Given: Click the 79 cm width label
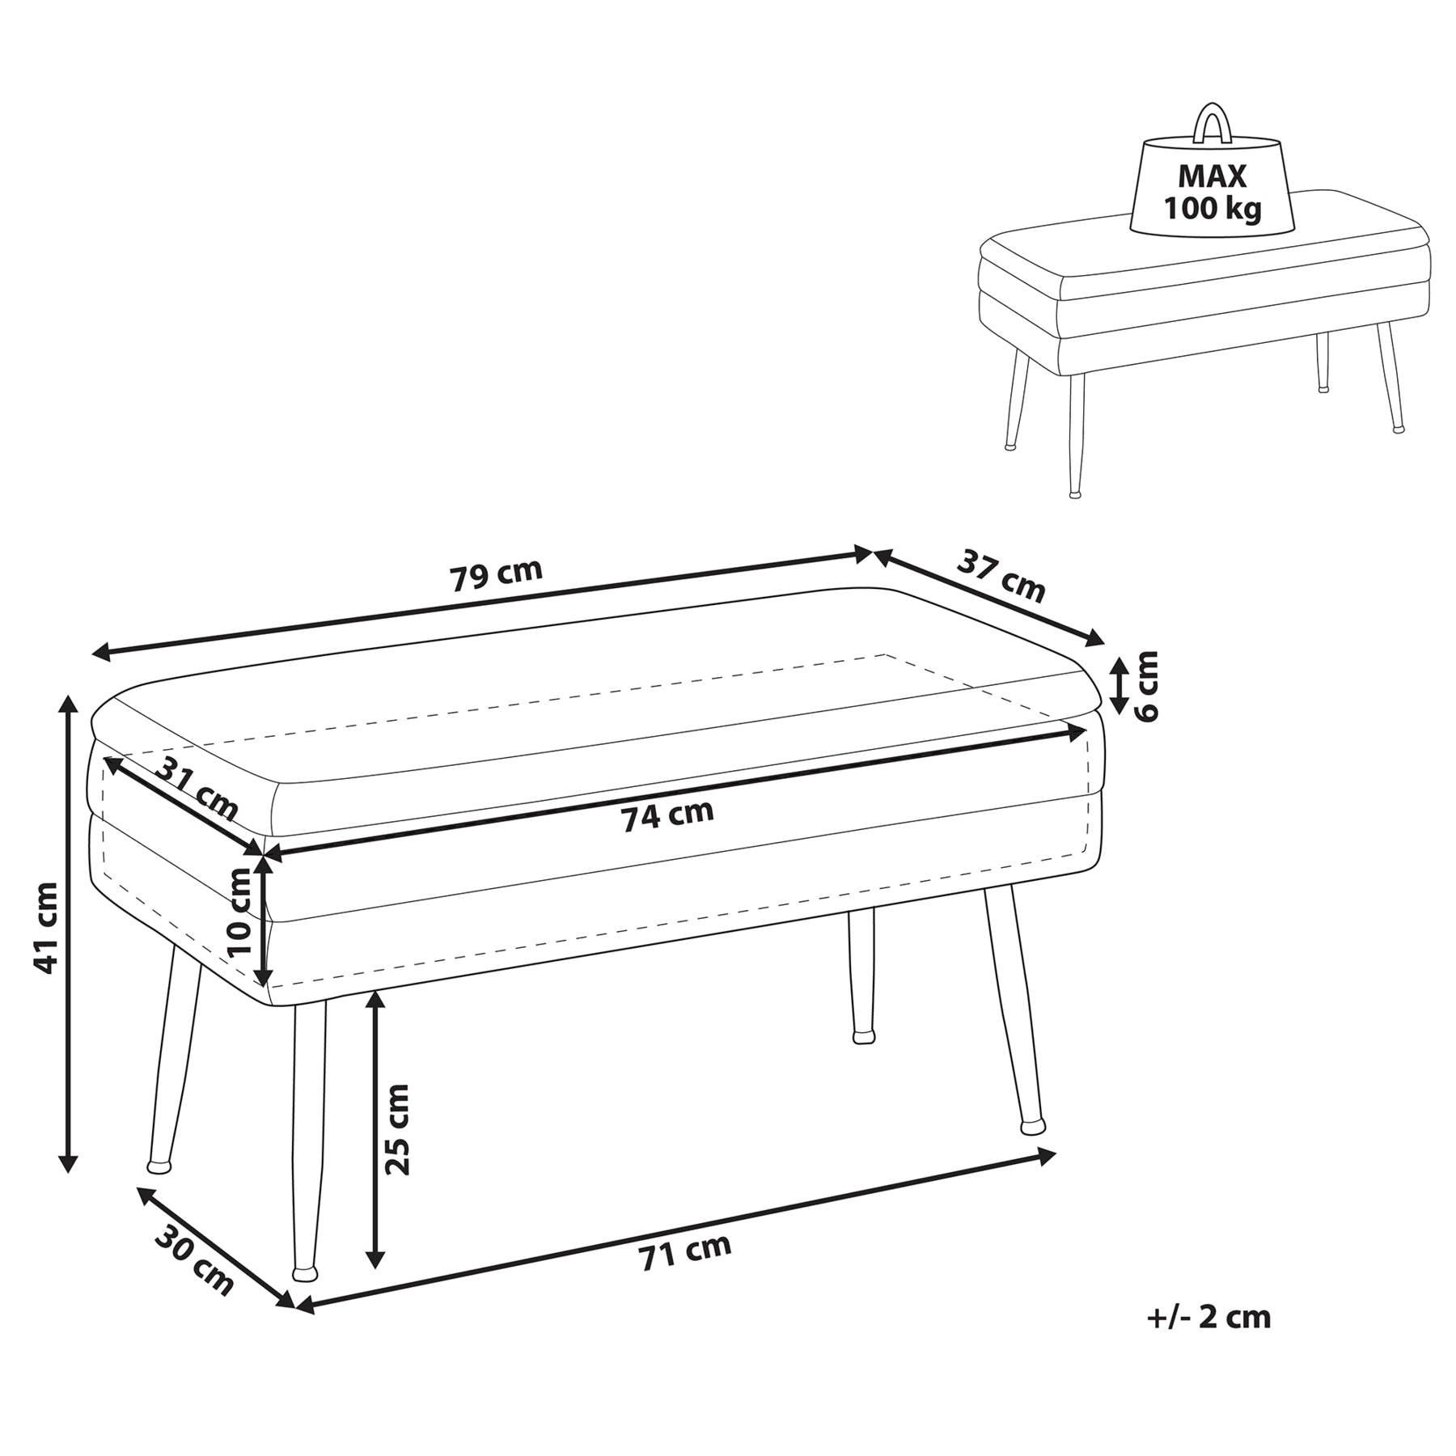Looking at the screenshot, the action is [496, 575].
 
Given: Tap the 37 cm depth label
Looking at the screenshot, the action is [1001, 576].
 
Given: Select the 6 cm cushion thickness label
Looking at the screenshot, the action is [1145, 686].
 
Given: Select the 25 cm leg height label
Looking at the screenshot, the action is [396, 1129].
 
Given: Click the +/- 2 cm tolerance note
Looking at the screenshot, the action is [1208, 1318].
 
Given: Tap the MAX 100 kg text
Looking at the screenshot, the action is [1212, 193].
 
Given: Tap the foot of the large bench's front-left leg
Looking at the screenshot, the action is [305, 1273].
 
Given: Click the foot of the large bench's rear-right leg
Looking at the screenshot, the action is [1032, 1127].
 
